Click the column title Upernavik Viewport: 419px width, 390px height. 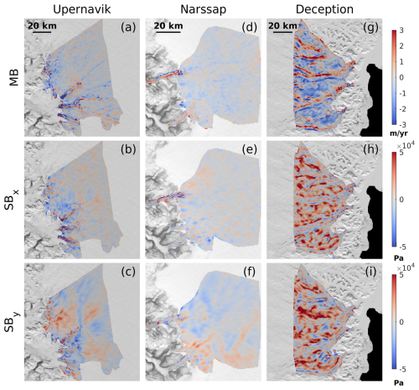(x=82, y=9)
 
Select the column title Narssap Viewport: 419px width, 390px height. (x=203, y=9)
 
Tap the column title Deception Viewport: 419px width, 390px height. (x=324, y=9)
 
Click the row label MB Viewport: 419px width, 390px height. (x=14, y=77)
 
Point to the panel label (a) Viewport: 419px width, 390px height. (x=128, y=27)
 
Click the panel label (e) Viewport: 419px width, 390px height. (x=250, y=150)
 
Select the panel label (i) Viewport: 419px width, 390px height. (x=370, y=272)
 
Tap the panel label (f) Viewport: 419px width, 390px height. (x=250, y=272)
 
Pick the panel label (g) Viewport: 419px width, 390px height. (x=370, y=27)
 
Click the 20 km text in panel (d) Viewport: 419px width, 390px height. (x=168, y=26)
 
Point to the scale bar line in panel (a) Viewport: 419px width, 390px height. (x=42, y=32)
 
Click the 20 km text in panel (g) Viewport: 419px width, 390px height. (x=282, y=26)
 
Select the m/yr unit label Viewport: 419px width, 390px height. (x=399, y=133)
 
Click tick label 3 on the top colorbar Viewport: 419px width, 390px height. (x=401, y=30)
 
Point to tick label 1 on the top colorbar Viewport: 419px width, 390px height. (x=401, y=61)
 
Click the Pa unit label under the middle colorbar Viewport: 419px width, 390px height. (x=399, y=258)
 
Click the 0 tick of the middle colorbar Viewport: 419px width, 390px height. (x=401, y=200)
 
